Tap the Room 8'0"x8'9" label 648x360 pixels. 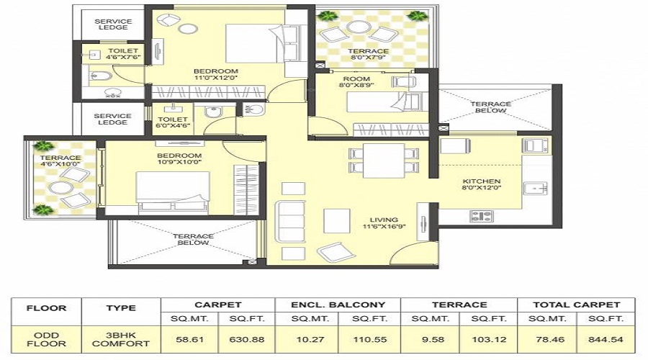click(x=356, y=82)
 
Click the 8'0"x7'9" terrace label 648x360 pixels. click(x=369, y=55)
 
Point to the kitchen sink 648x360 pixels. click(x=536, y=189)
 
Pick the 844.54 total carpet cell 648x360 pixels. click(x=606, y=338)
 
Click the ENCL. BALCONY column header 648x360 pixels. click(x=338, y=305)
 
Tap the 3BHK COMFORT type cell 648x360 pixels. click(x=121, y=338)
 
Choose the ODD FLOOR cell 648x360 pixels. click(x=47, y=338)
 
